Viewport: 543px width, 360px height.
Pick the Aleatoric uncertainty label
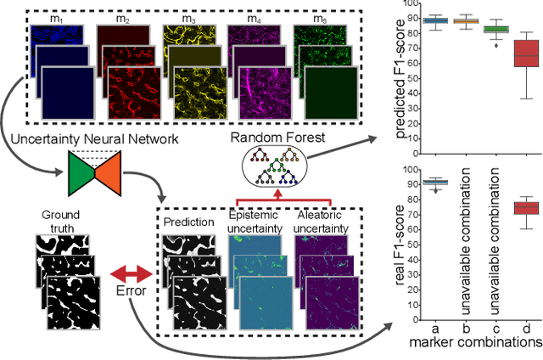pyautogui.click(x=324, y=209)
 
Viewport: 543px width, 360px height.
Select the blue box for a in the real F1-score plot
pyautogui.click(x=435, y=183)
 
